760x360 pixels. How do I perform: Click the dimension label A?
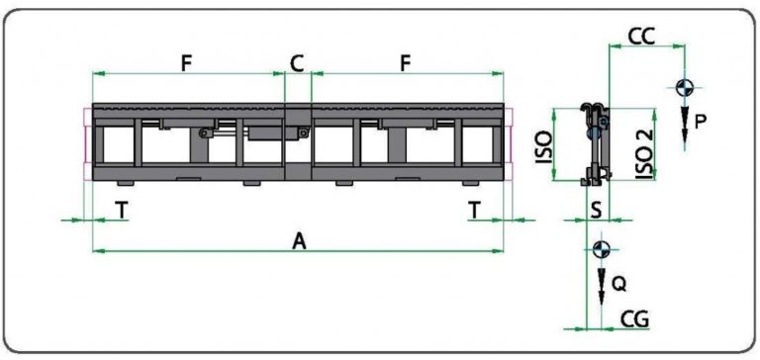(300, 240)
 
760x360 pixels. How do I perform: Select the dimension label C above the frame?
(297, 63)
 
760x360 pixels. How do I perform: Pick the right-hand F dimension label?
(406, 63)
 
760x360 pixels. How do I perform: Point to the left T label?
(122, 211)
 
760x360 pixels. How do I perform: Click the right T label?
(475, 211)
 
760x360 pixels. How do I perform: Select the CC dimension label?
(641, 37)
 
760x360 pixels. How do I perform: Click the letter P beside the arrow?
(700, 121)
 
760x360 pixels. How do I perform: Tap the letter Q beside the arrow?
(618, 285)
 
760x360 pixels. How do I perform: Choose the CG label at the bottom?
(634, 319)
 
